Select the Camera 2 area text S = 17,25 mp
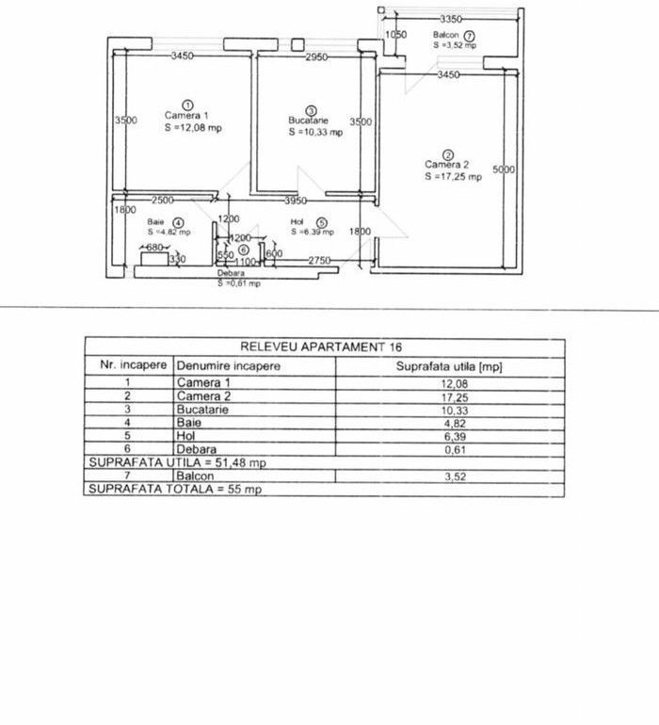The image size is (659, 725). [452, 176]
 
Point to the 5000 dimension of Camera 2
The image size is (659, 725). [504, 169]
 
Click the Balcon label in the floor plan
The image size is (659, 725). [445, 34]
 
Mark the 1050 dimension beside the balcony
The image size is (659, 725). [395, 35]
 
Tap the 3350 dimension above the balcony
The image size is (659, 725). [453, 19]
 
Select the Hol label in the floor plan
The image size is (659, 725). [297, 222]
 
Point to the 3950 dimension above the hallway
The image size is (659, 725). [297, 201]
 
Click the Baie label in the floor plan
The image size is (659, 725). [155, 222]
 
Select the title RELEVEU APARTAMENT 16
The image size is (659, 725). [323, 346]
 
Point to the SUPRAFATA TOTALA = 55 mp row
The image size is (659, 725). [173, 490]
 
